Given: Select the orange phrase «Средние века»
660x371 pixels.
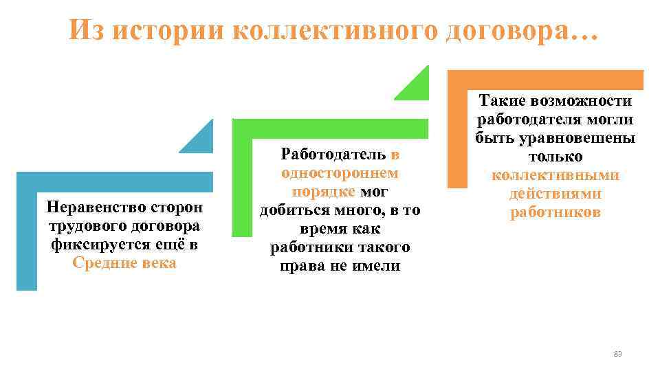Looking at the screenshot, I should pos(124,263).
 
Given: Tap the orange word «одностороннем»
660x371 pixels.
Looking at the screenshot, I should pos(340,173).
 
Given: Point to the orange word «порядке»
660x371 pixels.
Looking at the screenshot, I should pos(323,191).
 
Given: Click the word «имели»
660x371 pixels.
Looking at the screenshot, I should pos(377,265).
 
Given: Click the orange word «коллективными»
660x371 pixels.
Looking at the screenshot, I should pos(555,175).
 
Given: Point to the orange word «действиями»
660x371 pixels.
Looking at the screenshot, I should pos(555,194).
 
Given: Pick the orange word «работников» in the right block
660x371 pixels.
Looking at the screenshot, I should pos(555,212).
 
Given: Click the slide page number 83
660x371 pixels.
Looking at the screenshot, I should pos(617,354).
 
